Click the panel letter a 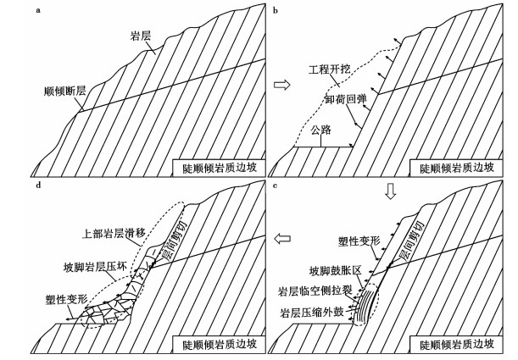click(41, 11)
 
